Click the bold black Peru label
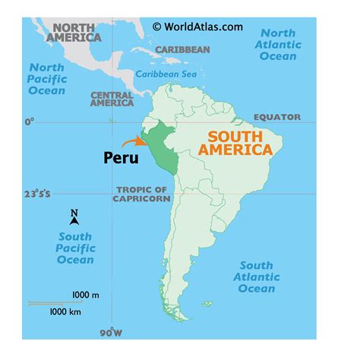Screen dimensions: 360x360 121,158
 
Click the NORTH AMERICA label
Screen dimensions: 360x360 74,31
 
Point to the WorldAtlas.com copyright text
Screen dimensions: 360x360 197,27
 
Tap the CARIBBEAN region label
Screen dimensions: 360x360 182,49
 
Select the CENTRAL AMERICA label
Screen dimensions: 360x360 112,99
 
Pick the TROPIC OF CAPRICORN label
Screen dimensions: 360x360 141,194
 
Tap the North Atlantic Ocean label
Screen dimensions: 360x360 280,46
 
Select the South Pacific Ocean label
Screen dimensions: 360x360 75,248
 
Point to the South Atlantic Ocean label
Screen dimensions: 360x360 257,276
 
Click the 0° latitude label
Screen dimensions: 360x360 30,121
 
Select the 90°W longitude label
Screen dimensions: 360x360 111,333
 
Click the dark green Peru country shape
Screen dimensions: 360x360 161,148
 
